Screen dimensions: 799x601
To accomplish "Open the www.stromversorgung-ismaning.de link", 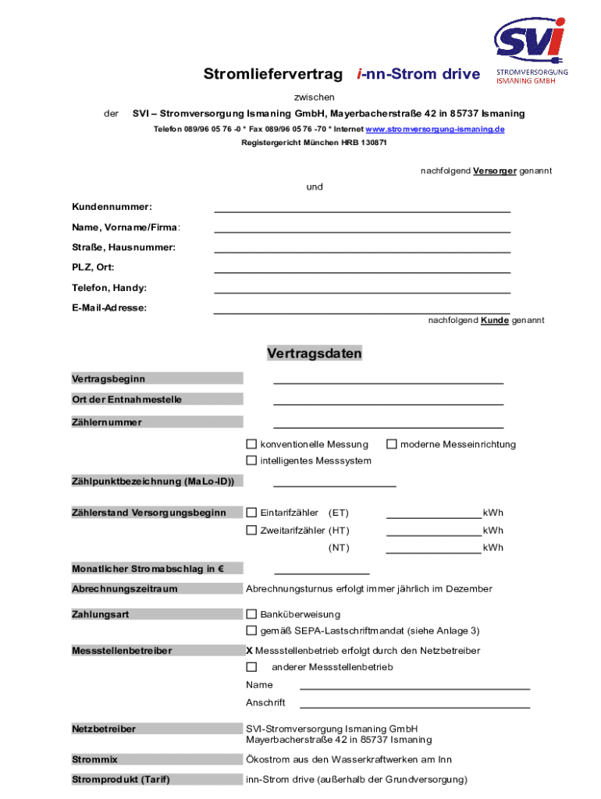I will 435,129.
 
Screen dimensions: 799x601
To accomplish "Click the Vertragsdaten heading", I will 315,353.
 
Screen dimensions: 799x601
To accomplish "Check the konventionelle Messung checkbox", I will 251,444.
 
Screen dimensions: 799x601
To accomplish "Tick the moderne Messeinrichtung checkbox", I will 392,444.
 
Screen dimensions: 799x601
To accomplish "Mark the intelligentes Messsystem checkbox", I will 251,460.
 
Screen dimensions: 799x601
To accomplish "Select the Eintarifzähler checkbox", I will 251,513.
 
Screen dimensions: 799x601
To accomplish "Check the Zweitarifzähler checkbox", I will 251,531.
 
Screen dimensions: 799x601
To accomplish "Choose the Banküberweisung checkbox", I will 251,614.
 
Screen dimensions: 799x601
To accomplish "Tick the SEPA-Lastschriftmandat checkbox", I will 251,630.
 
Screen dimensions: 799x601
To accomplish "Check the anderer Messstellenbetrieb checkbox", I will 251,667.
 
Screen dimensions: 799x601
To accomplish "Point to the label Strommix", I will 94,759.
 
